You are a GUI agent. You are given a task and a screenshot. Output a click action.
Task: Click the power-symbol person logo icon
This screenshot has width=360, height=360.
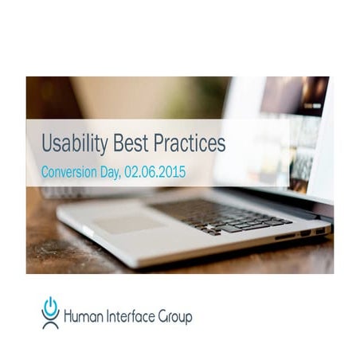click(x=51, y=313)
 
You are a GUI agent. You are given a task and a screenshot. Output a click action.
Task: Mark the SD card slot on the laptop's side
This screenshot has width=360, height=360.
click(x=284, y=236)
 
